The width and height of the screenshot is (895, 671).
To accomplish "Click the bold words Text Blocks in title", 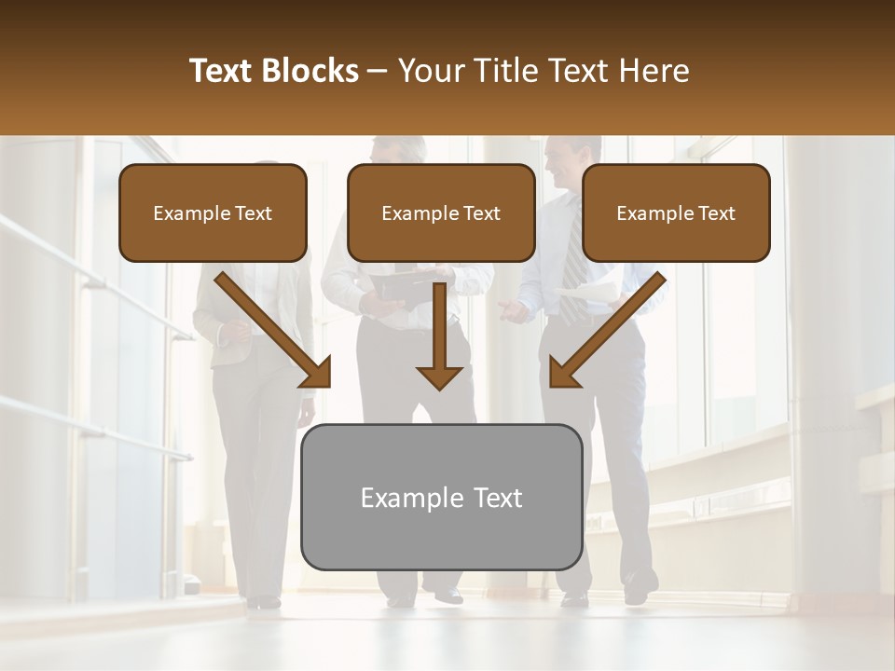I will click(x=273, y=71).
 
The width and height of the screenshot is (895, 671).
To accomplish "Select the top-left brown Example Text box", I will click(x=213, y=212).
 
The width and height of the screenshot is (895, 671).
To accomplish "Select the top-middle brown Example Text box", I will click(x=441, y=212).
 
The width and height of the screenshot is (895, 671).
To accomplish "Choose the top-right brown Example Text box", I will click(x=676, y=212).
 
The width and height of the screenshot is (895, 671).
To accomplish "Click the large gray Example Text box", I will click(x=441, y=497).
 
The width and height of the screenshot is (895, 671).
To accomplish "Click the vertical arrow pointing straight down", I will click(x=439, y=335).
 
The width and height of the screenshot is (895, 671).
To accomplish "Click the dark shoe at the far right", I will click(x=639, y=589).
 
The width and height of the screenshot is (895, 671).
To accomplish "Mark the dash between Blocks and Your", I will click(x=379, y=72).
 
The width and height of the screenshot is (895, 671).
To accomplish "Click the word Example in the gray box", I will click(x=402, y=498).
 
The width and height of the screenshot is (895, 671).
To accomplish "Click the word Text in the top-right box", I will click(x=716, y=212).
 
